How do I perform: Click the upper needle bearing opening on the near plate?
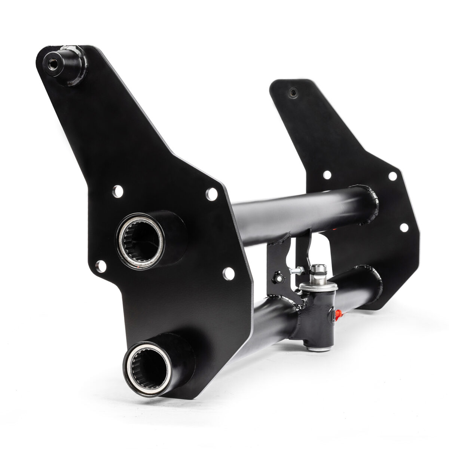(140, 239)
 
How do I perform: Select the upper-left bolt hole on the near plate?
(117, 191)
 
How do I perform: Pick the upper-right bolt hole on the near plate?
(211, 194)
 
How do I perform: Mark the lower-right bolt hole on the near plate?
(227, 274)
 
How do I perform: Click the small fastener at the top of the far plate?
(292, 92)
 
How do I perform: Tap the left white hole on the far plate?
(327, 174)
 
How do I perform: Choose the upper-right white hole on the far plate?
(393, 175)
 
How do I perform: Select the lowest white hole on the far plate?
(404, 227)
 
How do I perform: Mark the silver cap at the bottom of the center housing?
(318, 348)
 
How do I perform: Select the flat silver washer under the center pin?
(318, 286)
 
